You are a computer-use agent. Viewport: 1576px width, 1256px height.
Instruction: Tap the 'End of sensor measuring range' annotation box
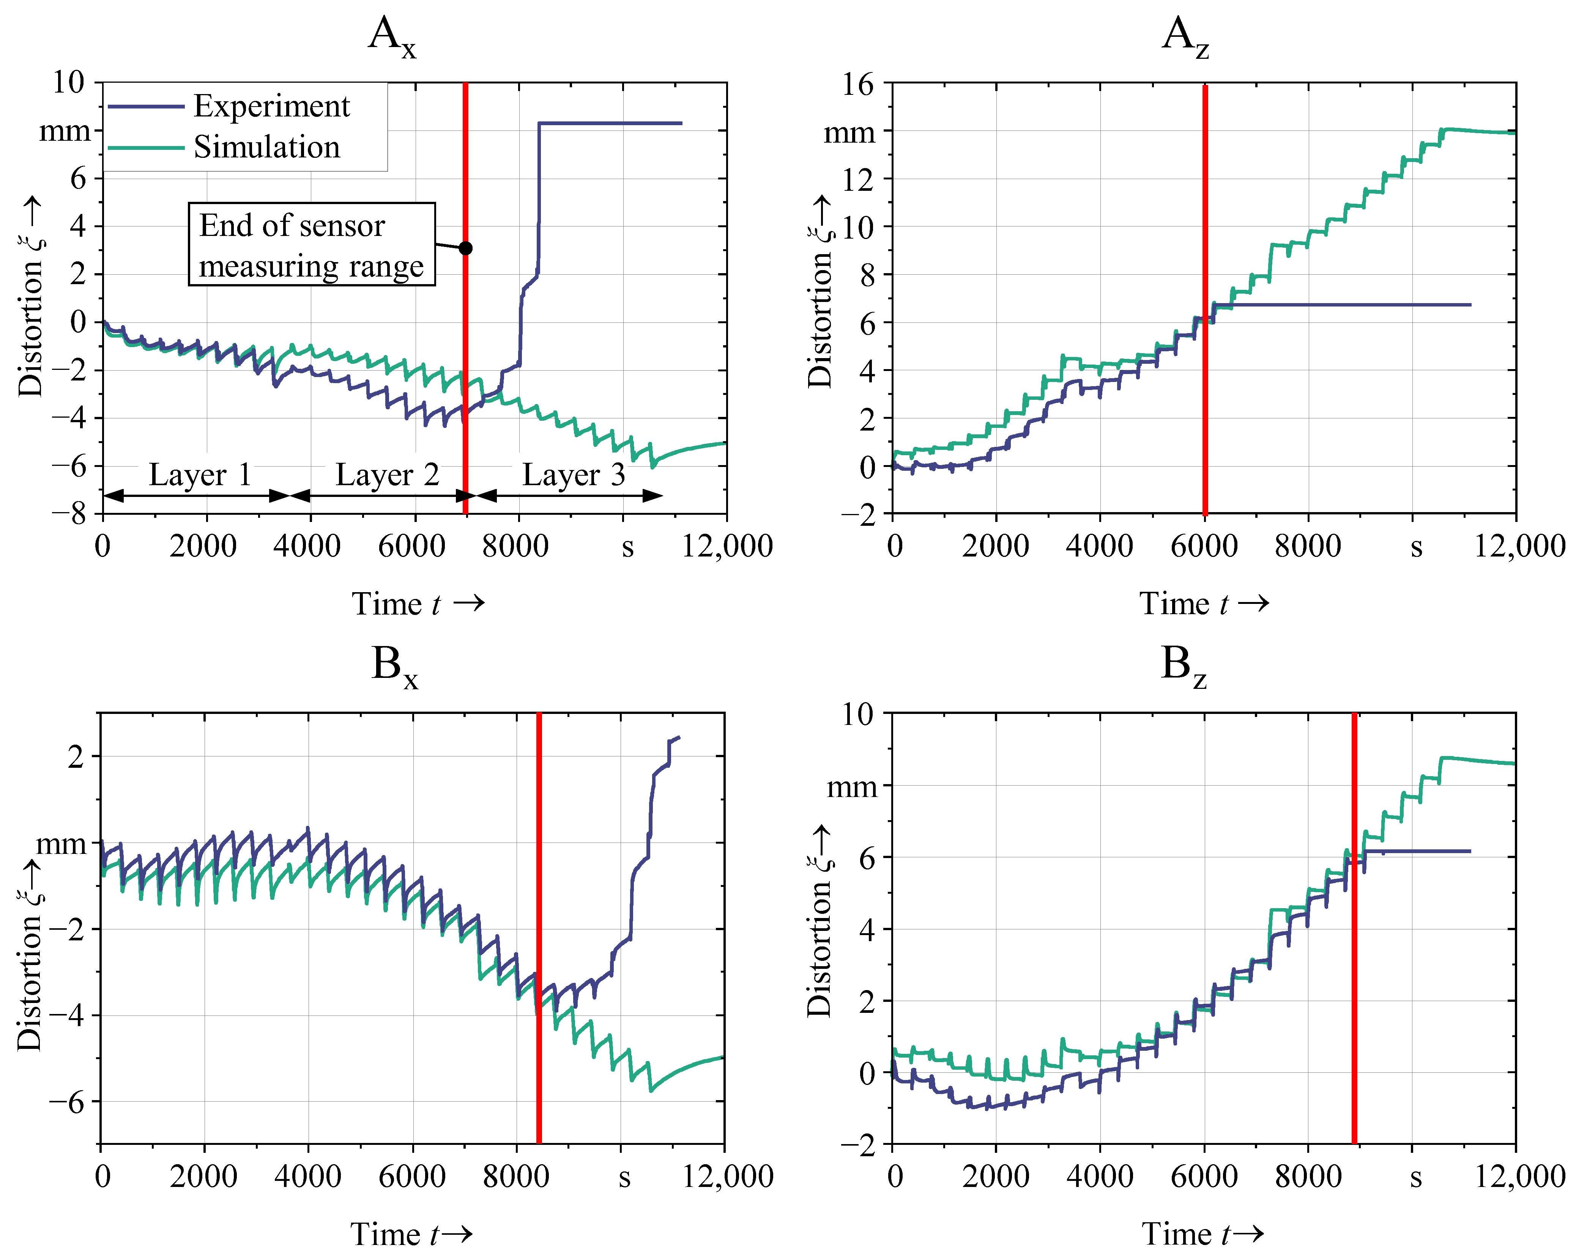[x=312, y=244]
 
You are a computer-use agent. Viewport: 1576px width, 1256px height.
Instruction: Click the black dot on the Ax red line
[x=466, y=248]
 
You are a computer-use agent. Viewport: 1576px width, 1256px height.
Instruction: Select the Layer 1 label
[x=200, y=475]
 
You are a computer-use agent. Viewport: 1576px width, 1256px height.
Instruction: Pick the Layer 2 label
[x=388, y=475]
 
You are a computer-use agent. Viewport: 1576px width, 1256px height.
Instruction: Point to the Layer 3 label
[x=574, y=475]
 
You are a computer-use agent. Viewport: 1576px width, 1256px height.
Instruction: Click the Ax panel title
[x=392, y=36]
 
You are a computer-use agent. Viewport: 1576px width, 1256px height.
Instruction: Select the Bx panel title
[x=395, y=667]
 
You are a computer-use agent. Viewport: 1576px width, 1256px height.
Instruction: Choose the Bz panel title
[x=1184, y=667]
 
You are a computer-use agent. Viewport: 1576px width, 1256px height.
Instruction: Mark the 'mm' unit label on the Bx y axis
[x=61, y=845]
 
